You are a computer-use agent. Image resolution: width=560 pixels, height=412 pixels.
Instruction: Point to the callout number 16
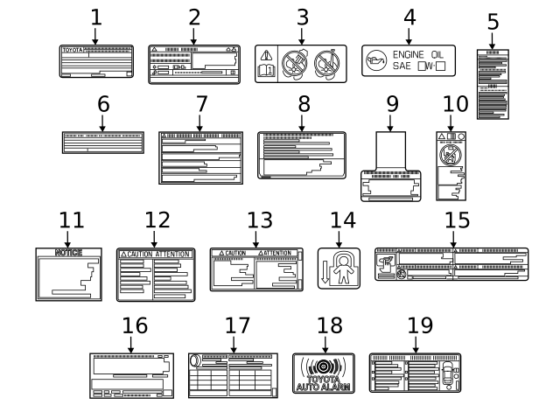tap(135, 325)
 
